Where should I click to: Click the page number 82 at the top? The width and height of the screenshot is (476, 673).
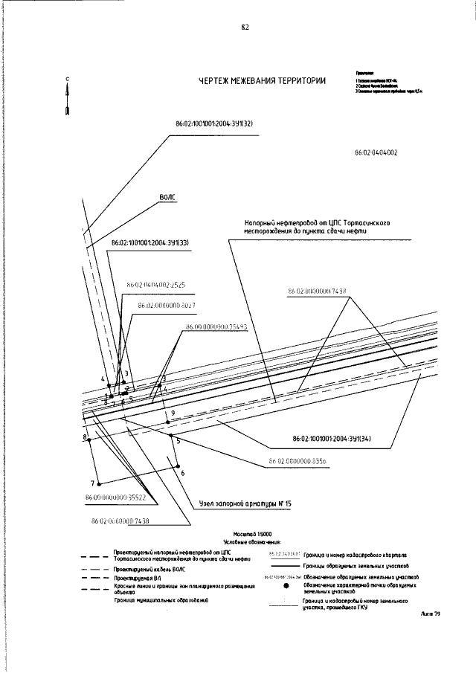245,28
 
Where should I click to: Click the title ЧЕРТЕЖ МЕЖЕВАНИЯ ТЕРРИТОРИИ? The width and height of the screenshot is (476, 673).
263,83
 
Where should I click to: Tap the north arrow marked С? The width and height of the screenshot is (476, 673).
68,97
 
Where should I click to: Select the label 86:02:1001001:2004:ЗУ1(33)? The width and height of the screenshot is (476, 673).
149,242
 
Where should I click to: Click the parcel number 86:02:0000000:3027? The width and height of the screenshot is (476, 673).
167,305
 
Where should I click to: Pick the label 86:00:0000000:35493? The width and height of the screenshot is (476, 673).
216,326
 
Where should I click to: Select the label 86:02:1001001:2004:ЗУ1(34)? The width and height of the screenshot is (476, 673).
332,438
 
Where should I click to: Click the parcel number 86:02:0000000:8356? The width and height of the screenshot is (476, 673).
297,461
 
